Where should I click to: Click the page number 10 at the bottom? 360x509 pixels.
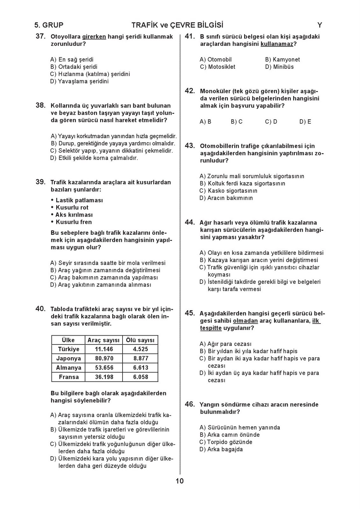tap(180, 481)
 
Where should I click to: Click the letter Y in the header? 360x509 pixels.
tap(320, 25)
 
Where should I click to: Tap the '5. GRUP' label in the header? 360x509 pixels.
tap(49, 25)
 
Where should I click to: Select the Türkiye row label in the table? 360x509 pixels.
tap(68, 349)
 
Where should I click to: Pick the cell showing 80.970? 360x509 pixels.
tap(104, 358)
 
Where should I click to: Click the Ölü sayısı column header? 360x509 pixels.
tap(140, 340)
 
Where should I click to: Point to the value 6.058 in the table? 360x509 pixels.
tap(140, 377)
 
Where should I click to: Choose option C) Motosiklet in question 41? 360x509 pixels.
tap(217, 67)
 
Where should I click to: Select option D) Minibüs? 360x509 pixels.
tap(279, 67)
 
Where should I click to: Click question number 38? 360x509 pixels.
tap(40, 105)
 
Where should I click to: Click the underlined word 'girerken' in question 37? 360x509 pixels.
tap(94, 37)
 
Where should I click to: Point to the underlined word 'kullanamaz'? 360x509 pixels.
tap(277, 44)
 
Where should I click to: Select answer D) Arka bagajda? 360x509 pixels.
tap(221, 449)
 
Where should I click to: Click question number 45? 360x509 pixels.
tap(190, 313)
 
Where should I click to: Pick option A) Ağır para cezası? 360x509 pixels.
tap(225, 344)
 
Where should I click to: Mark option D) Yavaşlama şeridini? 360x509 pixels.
tap(79, 81)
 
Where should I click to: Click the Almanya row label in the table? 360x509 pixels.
tap(68, 367)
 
